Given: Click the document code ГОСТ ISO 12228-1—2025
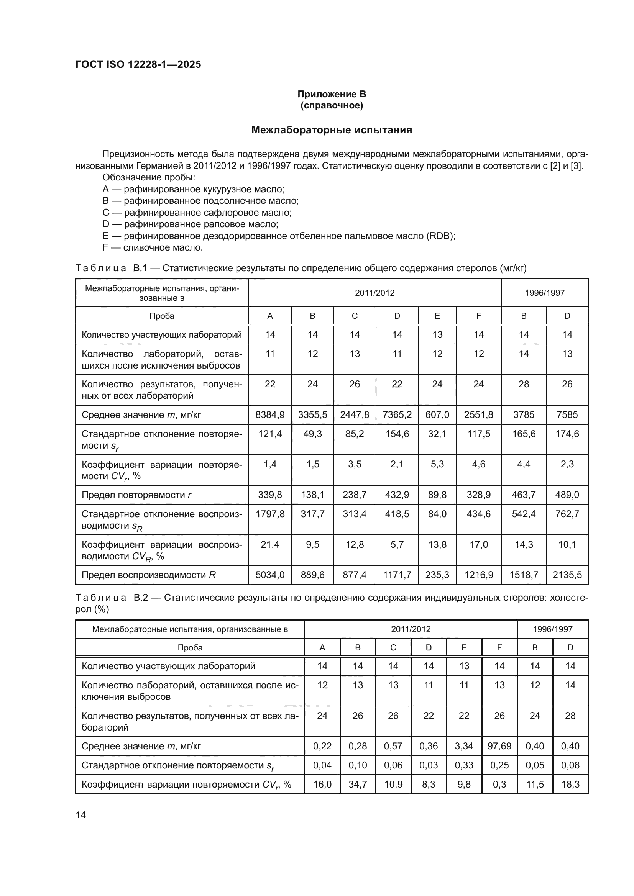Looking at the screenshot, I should click(x=138, y=64).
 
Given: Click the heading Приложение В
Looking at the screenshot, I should click(x=332, y=94).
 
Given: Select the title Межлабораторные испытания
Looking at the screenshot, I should click(x=332, y=130).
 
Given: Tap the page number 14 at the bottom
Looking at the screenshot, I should click(x=81, y=815).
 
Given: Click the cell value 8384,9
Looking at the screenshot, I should click(x=270, y=415).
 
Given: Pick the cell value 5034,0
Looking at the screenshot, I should click(x=270, y=575).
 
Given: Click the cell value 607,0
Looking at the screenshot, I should click(x=437, y=415).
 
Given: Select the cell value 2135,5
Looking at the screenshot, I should click(x=567, y=575).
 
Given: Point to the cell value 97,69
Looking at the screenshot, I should click(x=499, y=746).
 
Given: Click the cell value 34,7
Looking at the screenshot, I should click(x=358, y=785).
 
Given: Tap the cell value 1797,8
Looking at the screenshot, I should click(x=270, y=514).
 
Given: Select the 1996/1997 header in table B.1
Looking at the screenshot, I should click(x=545, y=293).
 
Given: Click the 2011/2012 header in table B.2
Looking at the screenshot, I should click(x=411, y=629).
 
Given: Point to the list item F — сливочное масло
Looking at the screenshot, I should click(x=153, y=247).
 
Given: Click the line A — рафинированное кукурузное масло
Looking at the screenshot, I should click(x=193, y=189).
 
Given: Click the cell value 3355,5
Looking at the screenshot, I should click(x=312, y=415).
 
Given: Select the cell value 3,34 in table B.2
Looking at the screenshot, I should click(x=464, y=746).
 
